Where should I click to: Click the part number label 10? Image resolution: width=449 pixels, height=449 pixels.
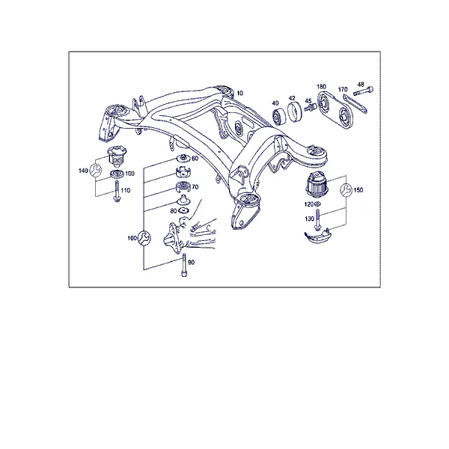[x=240, y=93]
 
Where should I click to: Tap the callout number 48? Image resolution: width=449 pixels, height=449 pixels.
[x=361, y=84]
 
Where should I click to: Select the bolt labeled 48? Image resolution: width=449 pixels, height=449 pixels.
[x=364, y=91]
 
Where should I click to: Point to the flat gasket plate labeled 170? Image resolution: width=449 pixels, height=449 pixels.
[x=355, y=104]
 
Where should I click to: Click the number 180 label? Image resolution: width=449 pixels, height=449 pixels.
[x=321, y=87]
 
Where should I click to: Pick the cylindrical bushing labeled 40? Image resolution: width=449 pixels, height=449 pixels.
[x=278, y=117]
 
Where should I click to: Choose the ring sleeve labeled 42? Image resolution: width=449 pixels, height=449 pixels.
[x=295, y=112]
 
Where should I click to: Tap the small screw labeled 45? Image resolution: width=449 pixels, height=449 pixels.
[x=310, y=108]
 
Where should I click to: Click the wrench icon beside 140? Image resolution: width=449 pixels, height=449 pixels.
[x=95, y=171]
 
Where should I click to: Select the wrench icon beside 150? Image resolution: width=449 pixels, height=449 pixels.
[x=346, y=190]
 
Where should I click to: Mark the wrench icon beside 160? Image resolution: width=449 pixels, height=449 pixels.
[x=144, y=238]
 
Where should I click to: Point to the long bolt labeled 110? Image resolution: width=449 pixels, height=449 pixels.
[x=117, y=191]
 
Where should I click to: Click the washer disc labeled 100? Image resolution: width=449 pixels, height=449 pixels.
[x=117, y=174]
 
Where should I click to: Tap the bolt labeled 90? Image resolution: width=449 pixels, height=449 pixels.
[x=184, y=265]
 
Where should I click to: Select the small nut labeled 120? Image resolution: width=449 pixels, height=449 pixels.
[x=317, y=204]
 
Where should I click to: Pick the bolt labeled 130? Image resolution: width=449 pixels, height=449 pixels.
[x=317, y=219]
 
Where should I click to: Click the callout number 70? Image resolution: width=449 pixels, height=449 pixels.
[x=195, y=187]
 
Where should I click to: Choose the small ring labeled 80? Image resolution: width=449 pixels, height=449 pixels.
[x=183, y=211]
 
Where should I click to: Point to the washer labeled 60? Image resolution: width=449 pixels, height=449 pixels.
[x=182, y=157]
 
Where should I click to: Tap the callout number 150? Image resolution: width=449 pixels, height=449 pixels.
[x=358, y=190]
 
